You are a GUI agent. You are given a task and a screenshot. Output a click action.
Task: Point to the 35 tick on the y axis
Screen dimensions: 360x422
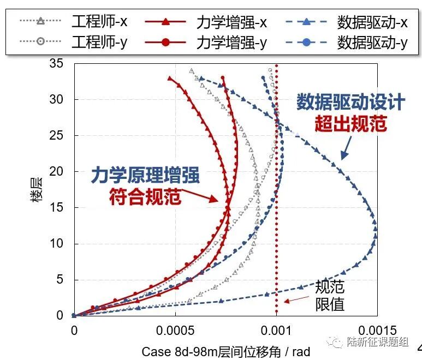[57, 64]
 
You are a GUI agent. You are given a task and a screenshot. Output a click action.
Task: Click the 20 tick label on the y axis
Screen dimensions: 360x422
[57, 172]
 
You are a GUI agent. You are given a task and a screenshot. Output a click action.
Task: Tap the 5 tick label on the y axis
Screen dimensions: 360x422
[60, 280]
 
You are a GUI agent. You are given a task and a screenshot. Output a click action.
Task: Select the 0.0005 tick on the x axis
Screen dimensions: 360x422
[175, 331]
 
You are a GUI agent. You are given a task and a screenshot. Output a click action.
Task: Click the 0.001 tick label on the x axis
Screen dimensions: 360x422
[276, 331]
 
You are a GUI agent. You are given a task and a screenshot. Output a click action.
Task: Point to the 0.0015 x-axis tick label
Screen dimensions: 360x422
[377, 331]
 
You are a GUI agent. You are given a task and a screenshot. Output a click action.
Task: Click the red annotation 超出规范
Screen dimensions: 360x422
[350, 123]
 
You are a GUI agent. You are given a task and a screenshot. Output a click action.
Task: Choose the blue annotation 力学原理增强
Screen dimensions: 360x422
[144, 176]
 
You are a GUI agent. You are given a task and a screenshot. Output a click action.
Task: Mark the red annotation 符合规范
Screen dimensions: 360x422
[144, 196]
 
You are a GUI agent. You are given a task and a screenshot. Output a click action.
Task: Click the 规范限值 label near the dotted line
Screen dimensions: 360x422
[330, 295]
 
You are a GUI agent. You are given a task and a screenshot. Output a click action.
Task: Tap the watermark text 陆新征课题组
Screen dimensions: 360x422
[377, 342]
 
